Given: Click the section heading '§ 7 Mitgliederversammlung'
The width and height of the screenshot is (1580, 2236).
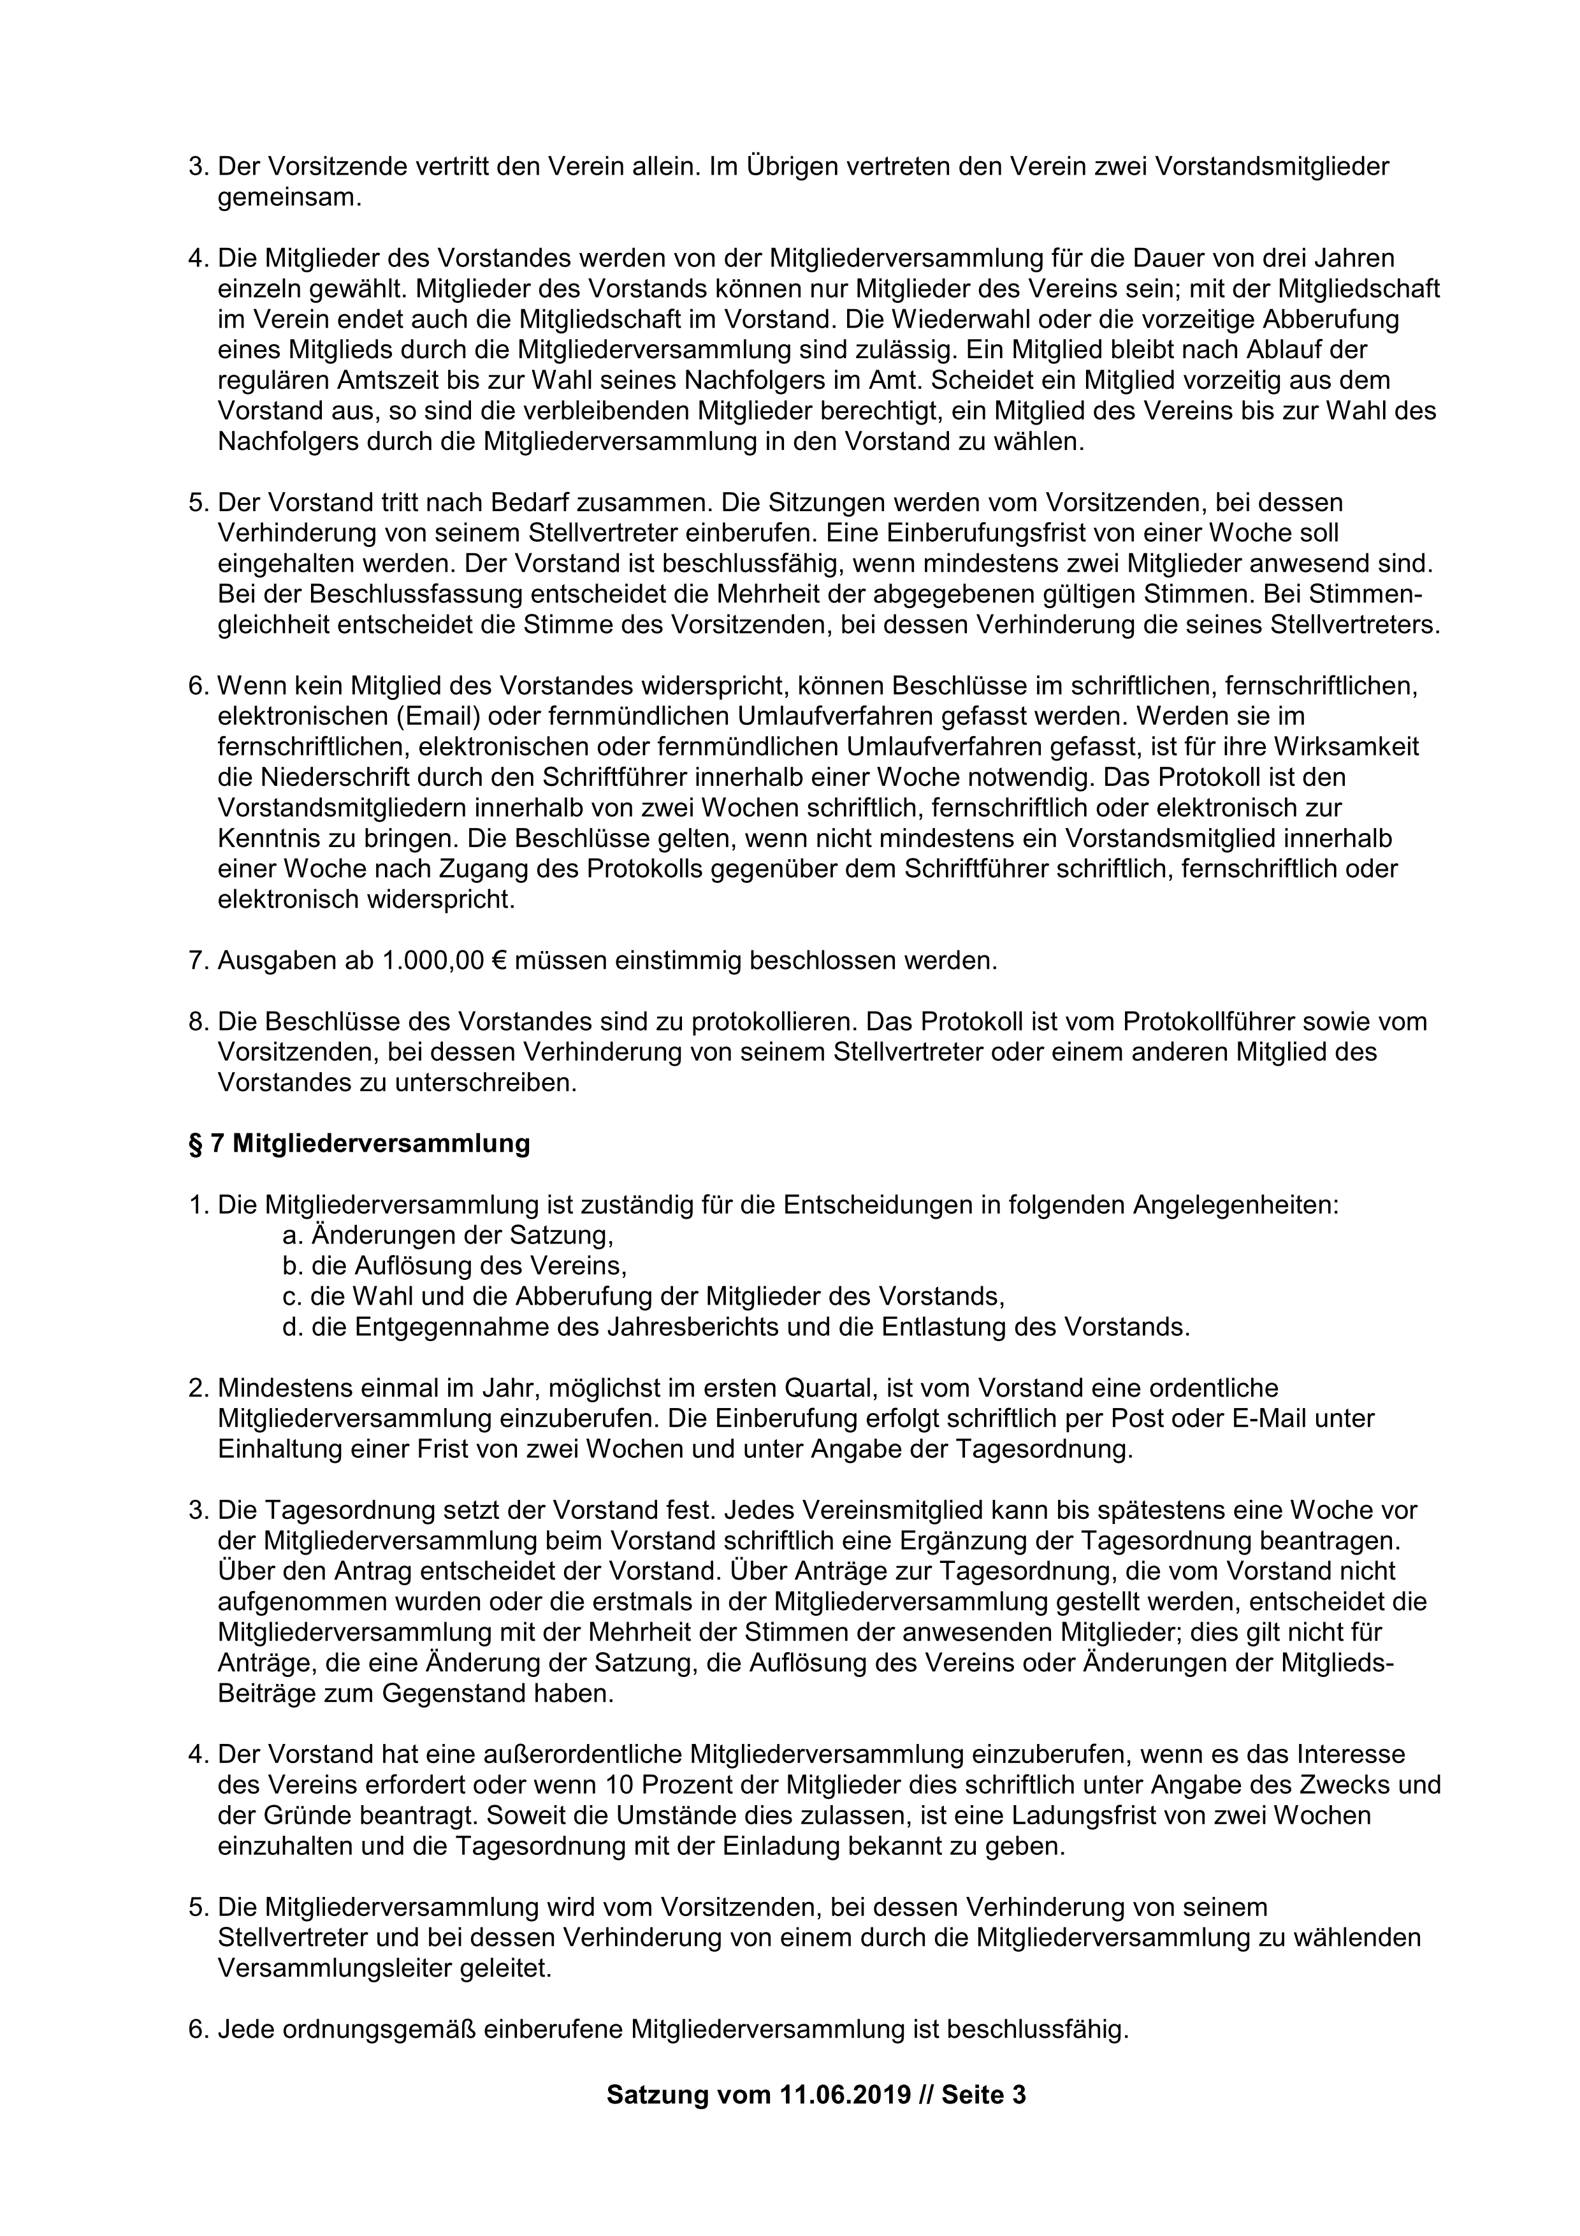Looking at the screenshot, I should click(359, 1143).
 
